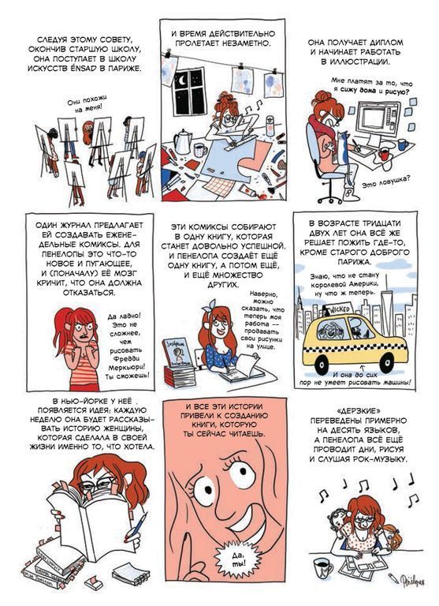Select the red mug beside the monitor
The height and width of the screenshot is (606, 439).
coord(384,153)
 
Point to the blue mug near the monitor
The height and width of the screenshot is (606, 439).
coord(403,144)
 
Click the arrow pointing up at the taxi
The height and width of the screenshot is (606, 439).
coord(362,367)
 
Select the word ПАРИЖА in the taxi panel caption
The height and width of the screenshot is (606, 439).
coord(355,262)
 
